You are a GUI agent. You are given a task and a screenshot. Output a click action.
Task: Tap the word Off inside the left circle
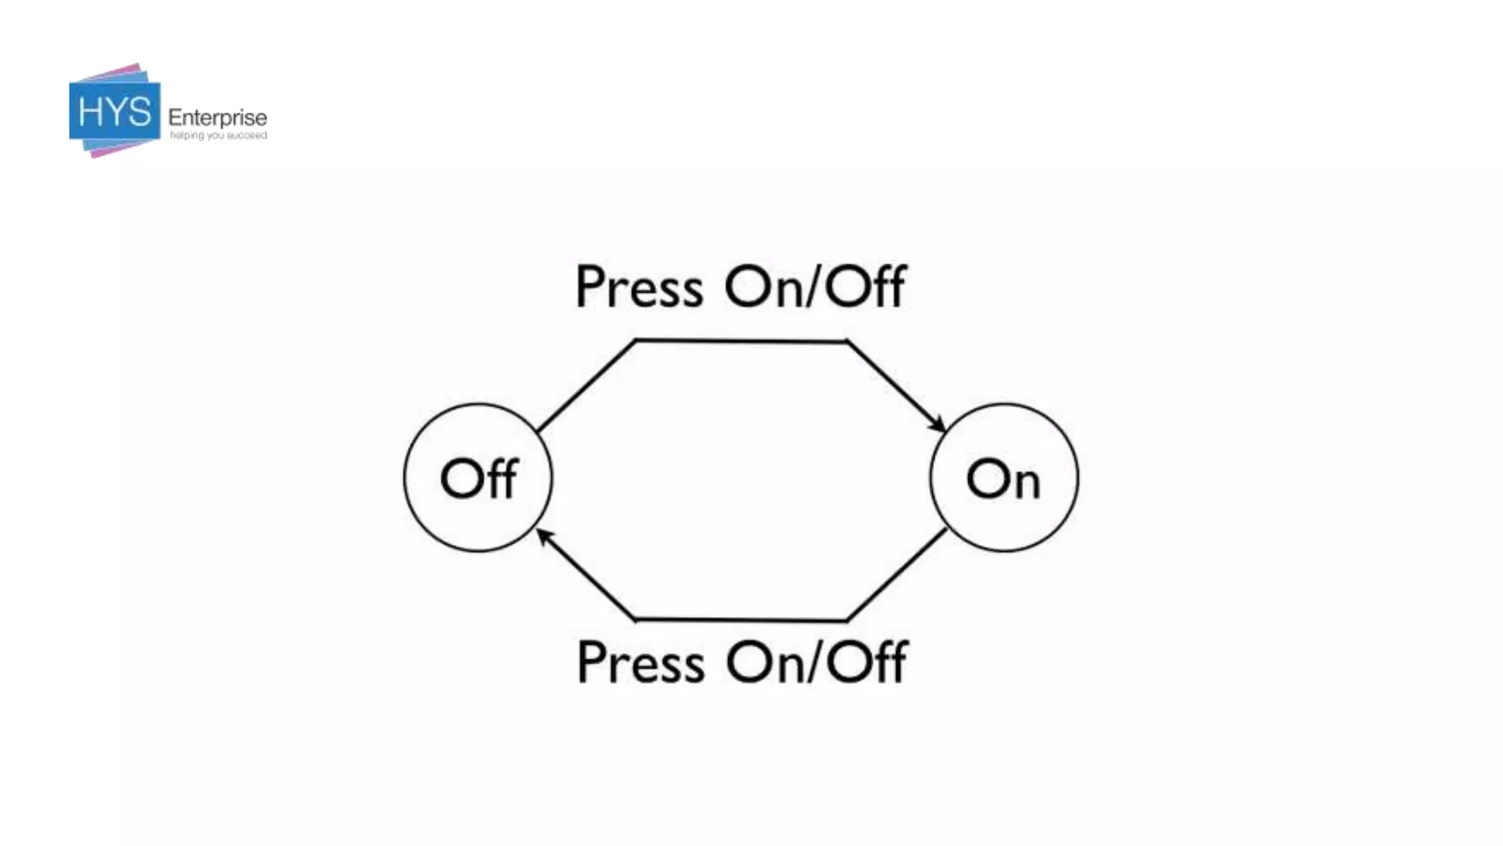point(478,479)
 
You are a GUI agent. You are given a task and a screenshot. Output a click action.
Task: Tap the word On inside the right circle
point(1003,480)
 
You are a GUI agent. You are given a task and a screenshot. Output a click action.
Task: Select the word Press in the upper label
point(639,287)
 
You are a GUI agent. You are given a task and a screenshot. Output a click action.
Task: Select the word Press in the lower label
point(641,663)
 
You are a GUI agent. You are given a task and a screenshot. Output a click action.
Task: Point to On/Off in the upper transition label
point(815,286)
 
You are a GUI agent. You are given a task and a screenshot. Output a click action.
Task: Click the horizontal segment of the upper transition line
point(741,341)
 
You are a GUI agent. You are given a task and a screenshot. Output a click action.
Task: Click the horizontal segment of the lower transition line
point(741,621)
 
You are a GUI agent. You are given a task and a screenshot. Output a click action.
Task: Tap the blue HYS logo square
point(114,112)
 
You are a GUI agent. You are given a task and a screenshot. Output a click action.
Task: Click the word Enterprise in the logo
point(217,117)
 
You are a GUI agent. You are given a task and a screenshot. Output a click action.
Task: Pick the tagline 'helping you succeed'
point(218,136)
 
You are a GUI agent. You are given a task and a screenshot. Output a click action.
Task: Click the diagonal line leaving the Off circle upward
point(586,386)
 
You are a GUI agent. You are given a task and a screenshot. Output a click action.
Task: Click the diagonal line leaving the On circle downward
point(897,575)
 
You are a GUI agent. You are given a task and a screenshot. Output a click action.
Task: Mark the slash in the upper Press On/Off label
point(814,286)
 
